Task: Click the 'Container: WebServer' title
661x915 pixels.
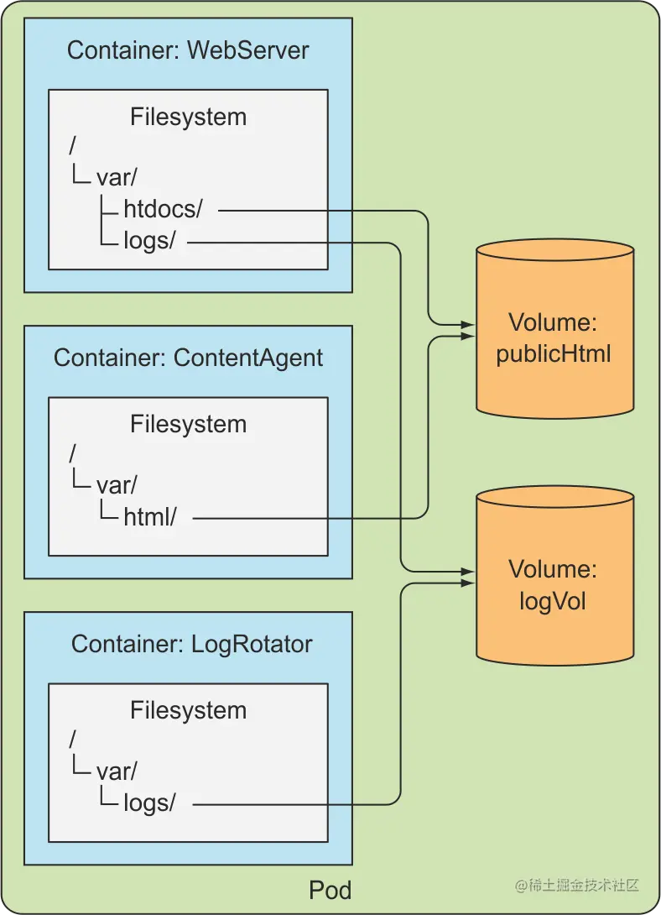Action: [188, 50]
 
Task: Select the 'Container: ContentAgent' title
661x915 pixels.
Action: [188, 358]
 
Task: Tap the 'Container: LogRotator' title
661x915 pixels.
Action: [191, 644]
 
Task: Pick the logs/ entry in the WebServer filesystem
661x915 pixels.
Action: [149, 241]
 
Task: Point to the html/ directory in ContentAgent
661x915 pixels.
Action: [149, 517]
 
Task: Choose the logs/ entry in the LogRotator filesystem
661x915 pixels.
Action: [149, 803]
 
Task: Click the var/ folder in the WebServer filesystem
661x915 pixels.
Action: [117, 179]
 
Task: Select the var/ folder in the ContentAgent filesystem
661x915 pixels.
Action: [117, 485]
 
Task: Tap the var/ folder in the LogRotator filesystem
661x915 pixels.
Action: [117, 771]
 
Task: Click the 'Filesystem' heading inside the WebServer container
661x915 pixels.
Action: [188, 117]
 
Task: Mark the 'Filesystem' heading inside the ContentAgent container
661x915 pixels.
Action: [188, 424]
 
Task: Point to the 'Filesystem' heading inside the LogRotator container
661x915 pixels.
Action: [188, 710]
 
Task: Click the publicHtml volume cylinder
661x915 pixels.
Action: [554, 336]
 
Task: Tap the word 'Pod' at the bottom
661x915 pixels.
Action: [330, 890]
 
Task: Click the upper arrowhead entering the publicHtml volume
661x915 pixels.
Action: [469, 323]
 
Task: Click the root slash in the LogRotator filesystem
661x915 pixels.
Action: [73, 740]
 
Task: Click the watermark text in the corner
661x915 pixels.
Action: [577, 885]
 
